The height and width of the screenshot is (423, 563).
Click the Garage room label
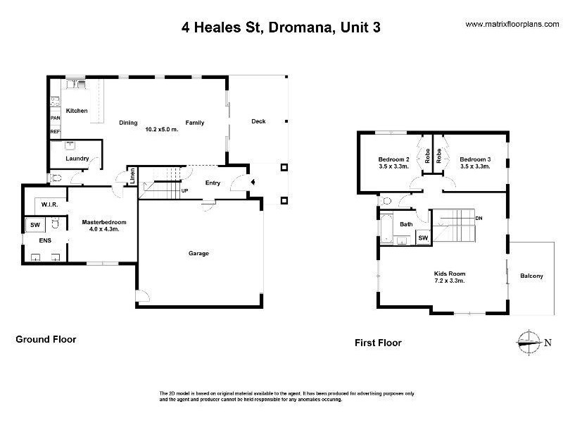click(x=198, y=253)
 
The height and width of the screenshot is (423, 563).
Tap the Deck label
click(x=258, y=121)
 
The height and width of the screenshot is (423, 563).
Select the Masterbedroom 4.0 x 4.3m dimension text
click(x=104, y=228)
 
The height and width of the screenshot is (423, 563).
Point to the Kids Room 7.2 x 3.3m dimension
click(x=450, y=281)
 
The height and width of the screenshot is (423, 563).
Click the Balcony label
click(x=531, y=276)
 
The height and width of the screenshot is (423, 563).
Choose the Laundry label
click(x=77, y=158)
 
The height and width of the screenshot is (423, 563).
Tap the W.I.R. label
click(x=49, y=204)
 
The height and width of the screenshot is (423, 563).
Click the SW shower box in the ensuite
click(x=35, y=225)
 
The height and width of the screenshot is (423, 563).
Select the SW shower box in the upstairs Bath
click(x=424, y=238)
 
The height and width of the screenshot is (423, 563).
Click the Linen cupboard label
click(x=132, y=176)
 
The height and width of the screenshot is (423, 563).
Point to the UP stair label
click(x=184, y=190)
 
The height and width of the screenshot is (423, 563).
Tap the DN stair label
click(x=479, y=218)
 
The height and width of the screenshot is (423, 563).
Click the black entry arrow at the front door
click(x=253, y=182)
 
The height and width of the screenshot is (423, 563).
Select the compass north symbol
click(x=529, y=343)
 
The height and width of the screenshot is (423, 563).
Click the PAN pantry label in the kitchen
click(x=56, y=118)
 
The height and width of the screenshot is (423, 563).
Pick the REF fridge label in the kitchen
click(x=56, y=132)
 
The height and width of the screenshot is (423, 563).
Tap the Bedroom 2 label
click(x=394, y=159)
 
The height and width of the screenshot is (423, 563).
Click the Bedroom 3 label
click(x=476, y=159)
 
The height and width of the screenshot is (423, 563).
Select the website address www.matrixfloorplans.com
click(x=512, y=25)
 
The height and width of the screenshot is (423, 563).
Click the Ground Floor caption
click(x=46, y=339)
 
